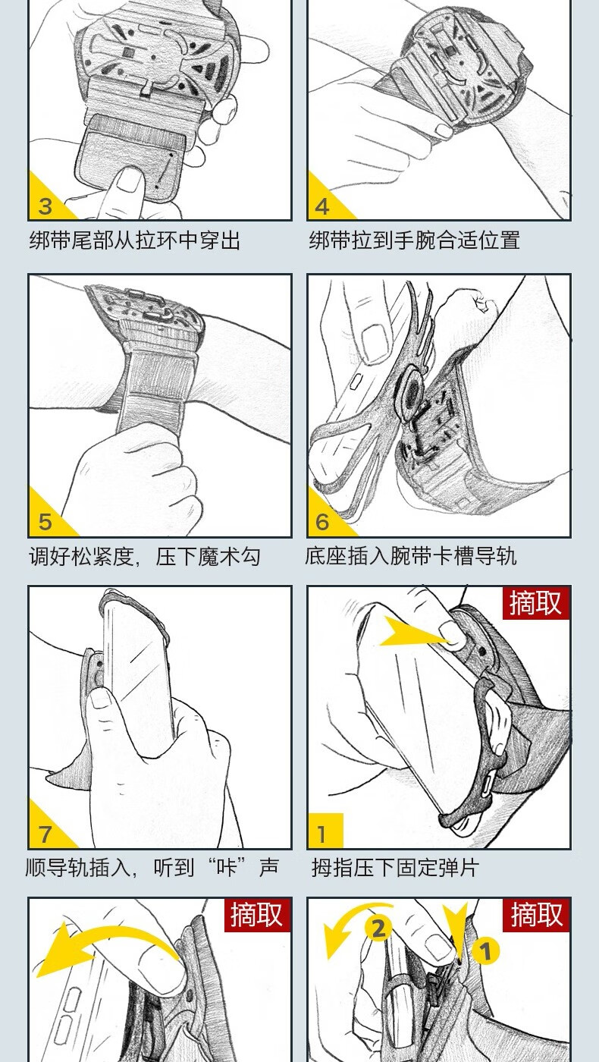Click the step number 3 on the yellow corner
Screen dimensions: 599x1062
click(x=45, y=206)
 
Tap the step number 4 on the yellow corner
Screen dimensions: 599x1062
click(x=322, y=206)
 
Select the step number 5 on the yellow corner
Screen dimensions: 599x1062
click(x=45, y=522)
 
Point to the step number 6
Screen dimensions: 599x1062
click(x=322, y=522)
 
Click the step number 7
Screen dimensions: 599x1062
click(x=45, y=834)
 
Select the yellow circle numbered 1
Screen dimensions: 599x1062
click(x=485, y=950)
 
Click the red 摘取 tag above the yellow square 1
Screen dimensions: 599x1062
click(x=536, y=603)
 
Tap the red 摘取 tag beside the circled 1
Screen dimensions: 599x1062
click(x=536, y=915)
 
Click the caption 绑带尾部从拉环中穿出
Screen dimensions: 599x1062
click(x=135, y=240)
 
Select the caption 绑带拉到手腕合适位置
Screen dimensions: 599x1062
click(x=415, y=240)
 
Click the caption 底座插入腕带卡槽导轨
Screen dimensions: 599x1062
click(x=410, y=556)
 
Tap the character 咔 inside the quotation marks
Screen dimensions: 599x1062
click(x=227, y=867)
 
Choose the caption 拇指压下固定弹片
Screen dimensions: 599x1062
click(x=395, y=868)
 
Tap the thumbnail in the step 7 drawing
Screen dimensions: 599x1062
click(x=100, y=697)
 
